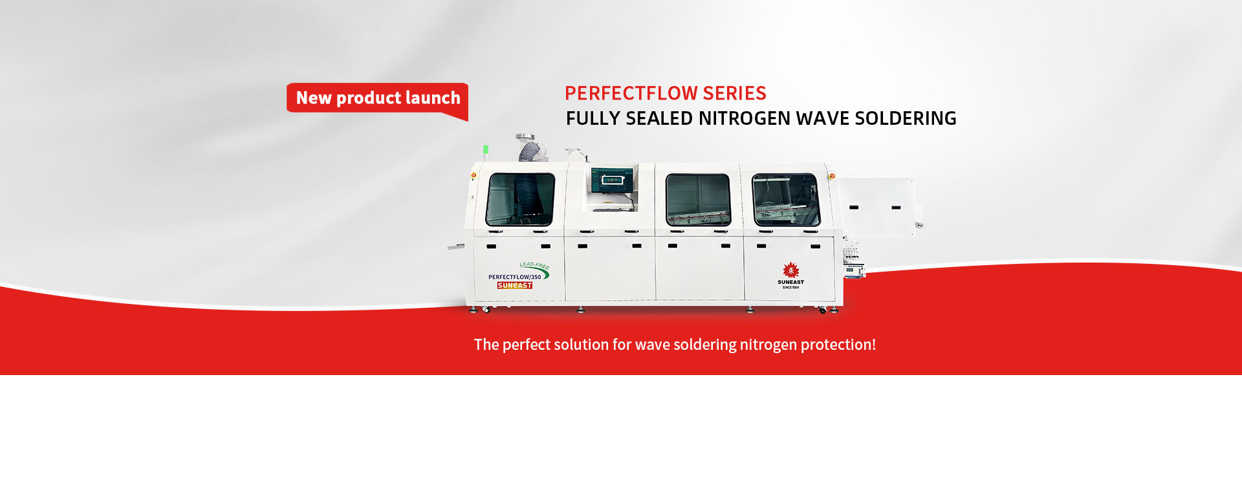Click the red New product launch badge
(x=378, y=98)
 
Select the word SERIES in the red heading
(x=734, y=94)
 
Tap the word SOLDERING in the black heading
(x=905, y=119)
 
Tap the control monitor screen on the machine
(x=611, y=179)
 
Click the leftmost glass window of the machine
(x=520, y=199)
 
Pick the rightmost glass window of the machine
(x=786, y=199)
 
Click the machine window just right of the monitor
(x=698, y=199)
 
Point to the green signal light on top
(x=486, y=149)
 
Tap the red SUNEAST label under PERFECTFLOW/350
(x=515, y=285)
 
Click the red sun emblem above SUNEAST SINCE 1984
(x=790, y=270)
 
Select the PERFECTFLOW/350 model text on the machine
(x=514, y=277)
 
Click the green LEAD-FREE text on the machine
(x=534, y=265)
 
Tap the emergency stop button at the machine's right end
(x=832, y=176)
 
